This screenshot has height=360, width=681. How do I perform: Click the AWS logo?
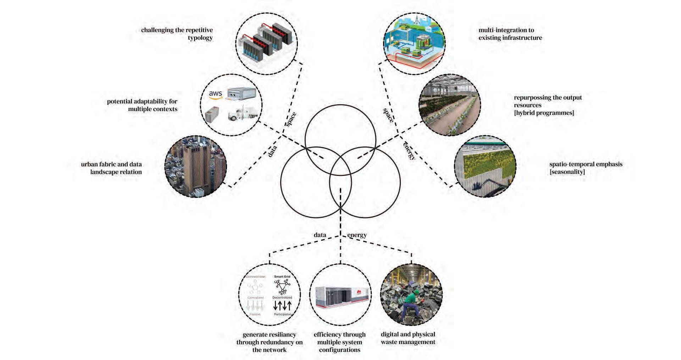coord(215,94)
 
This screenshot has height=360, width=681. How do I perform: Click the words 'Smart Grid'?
coord(282,277)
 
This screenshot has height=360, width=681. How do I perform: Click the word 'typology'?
coord(200,38)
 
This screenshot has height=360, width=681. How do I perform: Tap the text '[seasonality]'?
coord(567,172)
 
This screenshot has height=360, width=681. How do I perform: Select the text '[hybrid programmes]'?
coord(544,113)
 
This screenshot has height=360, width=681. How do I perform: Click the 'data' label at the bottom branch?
coord(320,235)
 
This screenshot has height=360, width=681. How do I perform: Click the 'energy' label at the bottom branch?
coord(357,235)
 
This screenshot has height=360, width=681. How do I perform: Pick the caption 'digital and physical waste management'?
coord(408,338)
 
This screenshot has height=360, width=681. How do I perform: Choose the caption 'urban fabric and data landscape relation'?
coord(111,168)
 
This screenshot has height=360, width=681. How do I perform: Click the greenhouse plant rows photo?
coord(449,105)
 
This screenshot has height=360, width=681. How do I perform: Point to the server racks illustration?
coord(267,43)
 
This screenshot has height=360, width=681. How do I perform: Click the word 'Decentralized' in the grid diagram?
coord(282,298)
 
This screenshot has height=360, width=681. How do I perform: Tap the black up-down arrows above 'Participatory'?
coord(282,305)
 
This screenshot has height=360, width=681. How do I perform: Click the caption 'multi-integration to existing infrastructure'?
coord(510,34)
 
